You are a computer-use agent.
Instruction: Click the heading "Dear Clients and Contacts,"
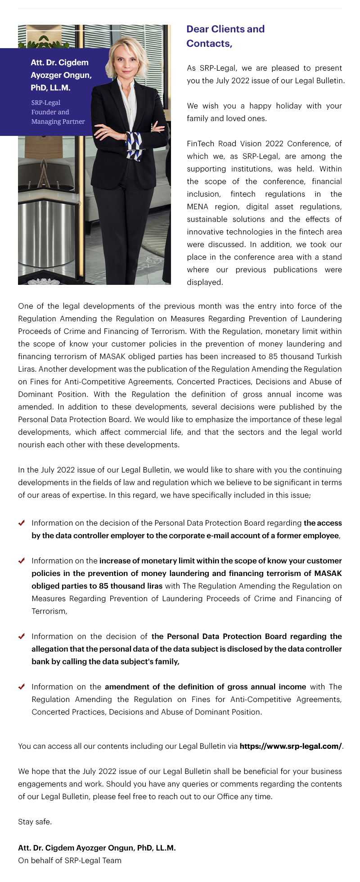point(225,36)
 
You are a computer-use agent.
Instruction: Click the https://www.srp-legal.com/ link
point(291,746)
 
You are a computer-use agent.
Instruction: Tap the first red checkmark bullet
point(21,523)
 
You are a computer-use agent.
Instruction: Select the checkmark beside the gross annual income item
point(21,687)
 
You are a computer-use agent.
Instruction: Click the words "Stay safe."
point(35,822)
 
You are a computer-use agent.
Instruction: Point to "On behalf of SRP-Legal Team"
point(70,860)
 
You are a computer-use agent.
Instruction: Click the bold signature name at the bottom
point(97,848)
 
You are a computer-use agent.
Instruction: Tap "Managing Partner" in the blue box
point(58,121)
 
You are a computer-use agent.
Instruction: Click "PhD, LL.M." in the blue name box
point(50,88)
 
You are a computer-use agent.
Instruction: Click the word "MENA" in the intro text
point(198,207)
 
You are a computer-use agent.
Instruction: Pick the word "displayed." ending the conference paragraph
point(205,282)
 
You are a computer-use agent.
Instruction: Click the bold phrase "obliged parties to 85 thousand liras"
point(97,586)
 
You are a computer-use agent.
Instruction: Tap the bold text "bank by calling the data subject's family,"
point(105,661)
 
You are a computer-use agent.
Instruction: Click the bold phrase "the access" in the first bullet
point(323,523)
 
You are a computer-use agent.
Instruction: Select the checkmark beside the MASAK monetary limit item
point(21,561)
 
